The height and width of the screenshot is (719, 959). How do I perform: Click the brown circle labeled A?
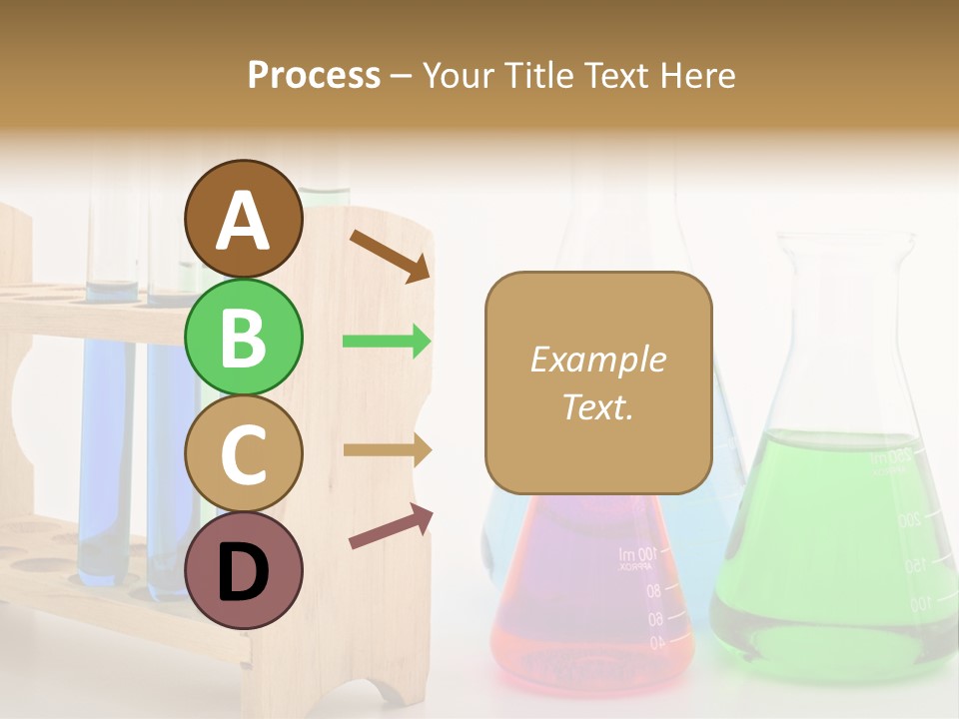(x=243, y=220)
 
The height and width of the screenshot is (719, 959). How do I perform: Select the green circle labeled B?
(x=243, y=338)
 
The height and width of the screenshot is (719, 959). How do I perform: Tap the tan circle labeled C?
(x=243, y=454)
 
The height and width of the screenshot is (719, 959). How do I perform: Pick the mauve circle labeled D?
(x=243, y=570)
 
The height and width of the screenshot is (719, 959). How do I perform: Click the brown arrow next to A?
(x=390, y=256)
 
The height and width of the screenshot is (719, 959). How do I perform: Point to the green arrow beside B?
(x=388, y=342)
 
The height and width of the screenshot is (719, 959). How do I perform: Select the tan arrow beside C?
(x=388, y=450)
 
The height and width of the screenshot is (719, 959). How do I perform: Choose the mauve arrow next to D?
(x=391, y=526)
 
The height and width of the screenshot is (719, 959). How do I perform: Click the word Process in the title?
(x=314, y=75)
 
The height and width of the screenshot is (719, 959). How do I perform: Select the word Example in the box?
(x=597, y=359)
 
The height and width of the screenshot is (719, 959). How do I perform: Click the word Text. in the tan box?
(x=597, y=406)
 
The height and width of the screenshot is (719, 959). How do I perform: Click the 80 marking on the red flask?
(x=653, y=591)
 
